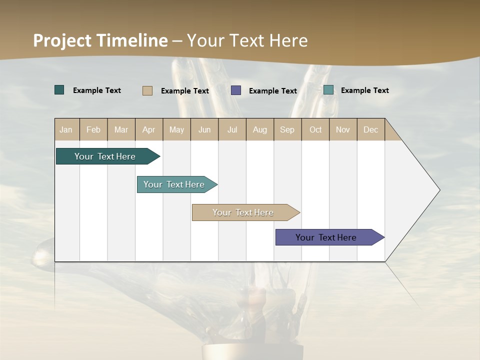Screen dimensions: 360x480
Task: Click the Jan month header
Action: tap(66, 129)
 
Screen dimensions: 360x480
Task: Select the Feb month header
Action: tap(93, 129)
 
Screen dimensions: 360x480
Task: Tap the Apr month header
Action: tap(149, 129)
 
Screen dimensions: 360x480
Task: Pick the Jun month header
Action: tap(204, 129)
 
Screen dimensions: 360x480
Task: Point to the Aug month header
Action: tap(260, 129)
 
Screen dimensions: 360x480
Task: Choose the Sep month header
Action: tap(287, 129)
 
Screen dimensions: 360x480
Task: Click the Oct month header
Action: tap(315, 129)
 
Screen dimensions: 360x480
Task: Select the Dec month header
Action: tap(371, 129)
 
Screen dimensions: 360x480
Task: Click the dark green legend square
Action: tap(59, 90)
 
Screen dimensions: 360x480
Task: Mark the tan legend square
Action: tap(147, 90)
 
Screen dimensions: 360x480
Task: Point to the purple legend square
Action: tap(236, 90)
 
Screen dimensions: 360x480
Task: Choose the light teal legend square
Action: tap(328, 90)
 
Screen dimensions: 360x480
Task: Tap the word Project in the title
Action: tap(62, 40)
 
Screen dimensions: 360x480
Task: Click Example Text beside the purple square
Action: tap(273, 91)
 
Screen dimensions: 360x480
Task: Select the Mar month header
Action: tap(121, 129)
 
